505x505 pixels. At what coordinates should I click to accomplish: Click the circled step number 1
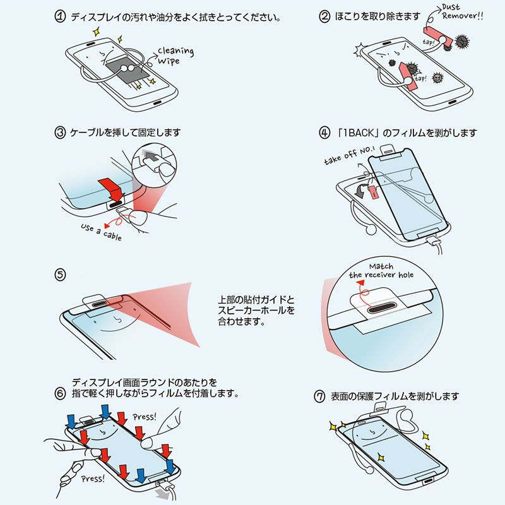pos(61,16)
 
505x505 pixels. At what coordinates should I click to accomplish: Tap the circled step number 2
pos(324,16)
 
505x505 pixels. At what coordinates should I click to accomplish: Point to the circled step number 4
pos(324,133)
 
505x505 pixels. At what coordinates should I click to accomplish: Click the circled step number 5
pos(61,275)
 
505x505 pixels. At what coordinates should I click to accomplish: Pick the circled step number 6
pos(61,393)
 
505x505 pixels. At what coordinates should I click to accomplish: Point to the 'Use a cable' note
pos(101,230)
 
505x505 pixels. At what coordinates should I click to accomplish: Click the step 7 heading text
pos(395,396)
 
